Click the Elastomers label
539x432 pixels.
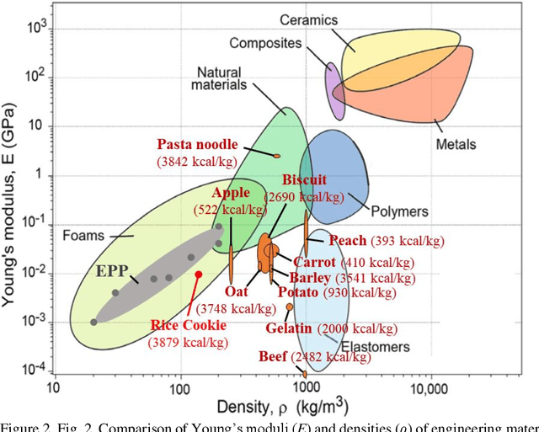click(376, 346)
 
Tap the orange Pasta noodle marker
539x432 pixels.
click(277, 155)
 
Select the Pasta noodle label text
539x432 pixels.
click(197, 144)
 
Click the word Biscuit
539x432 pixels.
click(303, 180)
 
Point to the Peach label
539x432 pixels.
click(348, 241)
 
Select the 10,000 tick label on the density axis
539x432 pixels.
click(430, 389)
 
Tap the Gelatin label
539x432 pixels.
click(289, 328)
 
